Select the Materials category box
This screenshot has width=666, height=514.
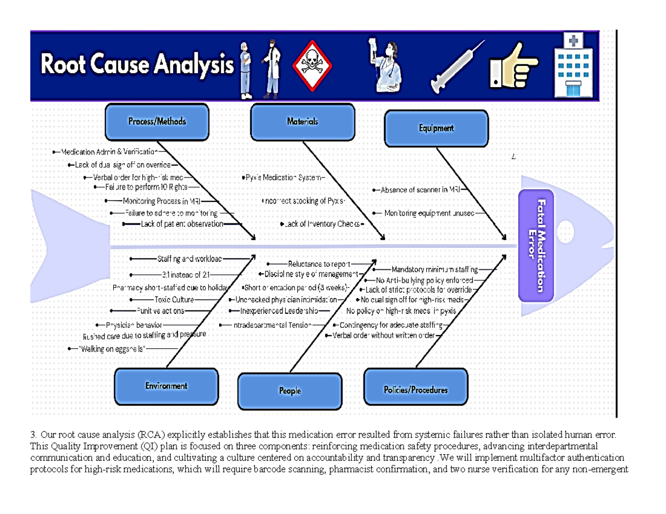click(x=302, y=122)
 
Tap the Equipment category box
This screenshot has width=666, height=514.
click(x=436, y=129)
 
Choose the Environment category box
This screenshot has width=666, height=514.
click(x=166, y=386)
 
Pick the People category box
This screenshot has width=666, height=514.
click(x=289, y=391)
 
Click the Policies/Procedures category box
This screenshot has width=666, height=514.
click(x=415, y=390)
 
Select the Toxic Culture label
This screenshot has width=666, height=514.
click(x=174, y=299)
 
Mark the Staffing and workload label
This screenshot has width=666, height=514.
click(x=189, y=258)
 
